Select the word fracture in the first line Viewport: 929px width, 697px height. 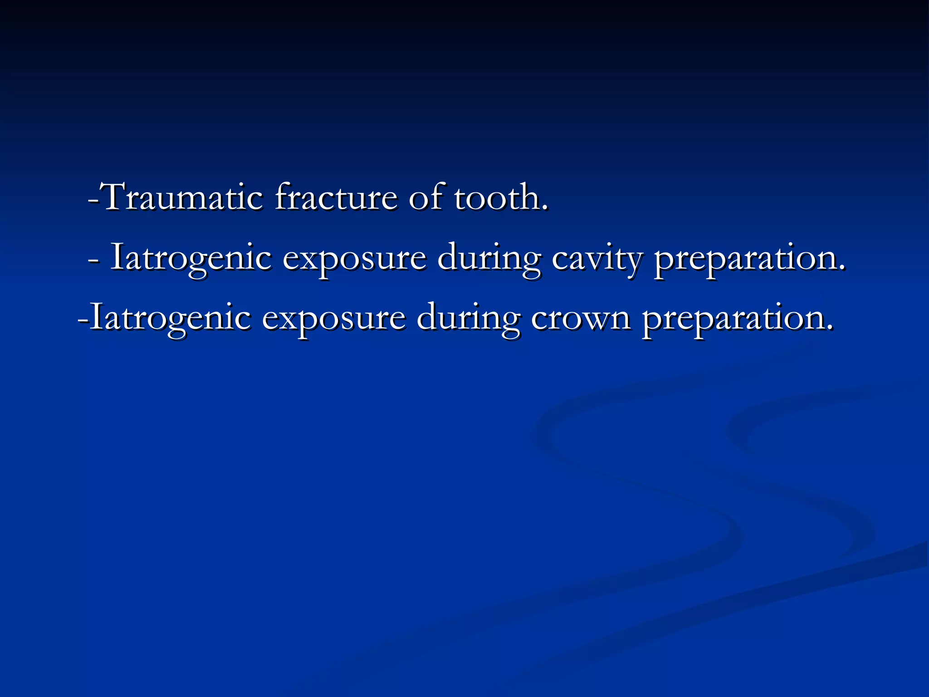[336, 197]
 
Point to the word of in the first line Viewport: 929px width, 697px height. [425, 197]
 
